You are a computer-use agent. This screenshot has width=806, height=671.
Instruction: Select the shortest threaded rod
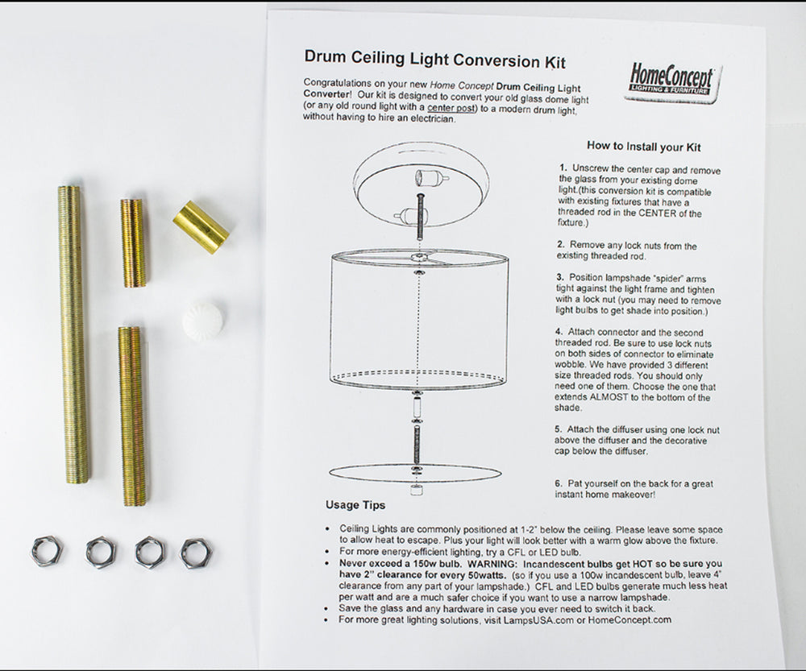tap(133, 242)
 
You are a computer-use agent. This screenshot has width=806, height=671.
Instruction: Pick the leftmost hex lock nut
tap(47, 551)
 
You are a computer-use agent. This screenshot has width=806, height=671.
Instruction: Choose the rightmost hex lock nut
tap(194, 553)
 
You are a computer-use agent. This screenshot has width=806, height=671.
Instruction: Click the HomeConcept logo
tap(673, 82)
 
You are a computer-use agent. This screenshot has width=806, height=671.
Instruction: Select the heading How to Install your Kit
tap(643, 147)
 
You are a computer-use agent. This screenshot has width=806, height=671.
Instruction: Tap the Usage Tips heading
tap(355, 505)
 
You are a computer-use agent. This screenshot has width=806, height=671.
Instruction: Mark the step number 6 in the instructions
tap(558, 483)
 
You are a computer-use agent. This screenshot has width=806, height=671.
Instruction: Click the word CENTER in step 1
tap(645, 213)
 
